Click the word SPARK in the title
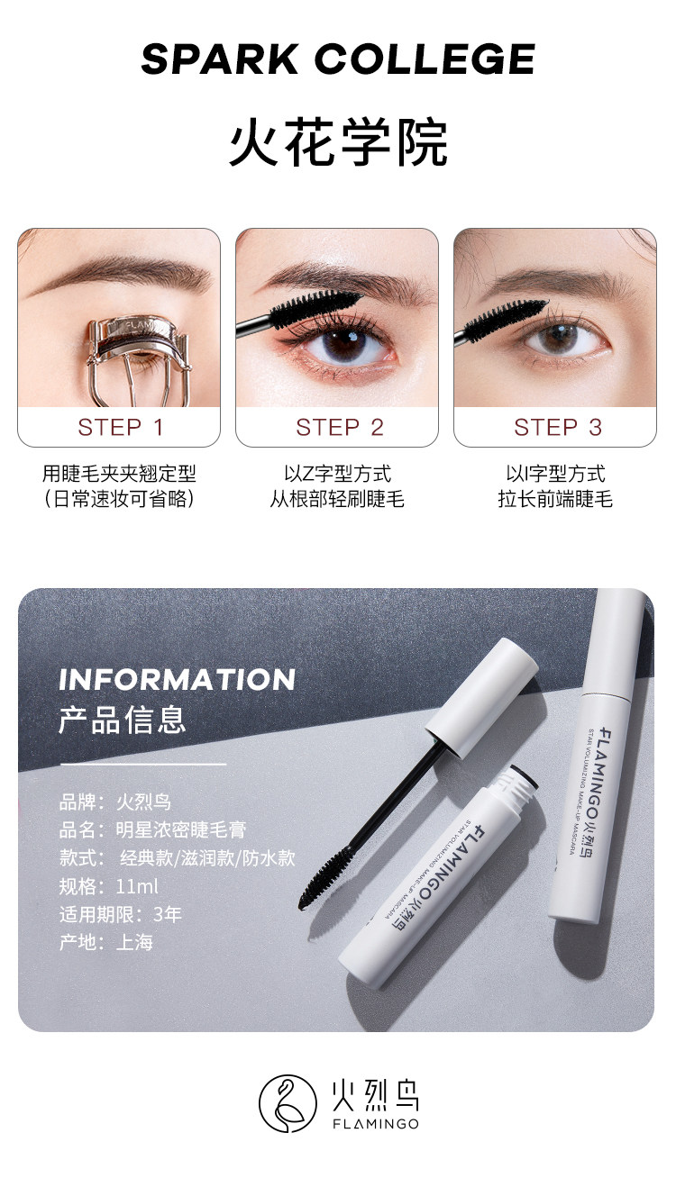[219, 59]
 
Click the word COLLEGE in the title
[425, 59]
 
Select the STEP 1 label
[121, 427]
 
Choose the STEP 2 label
[339, 427]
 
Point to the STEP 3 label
[558, 427]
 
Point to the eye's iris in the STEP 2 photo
[343, 344]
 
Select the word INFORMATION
[177, 680]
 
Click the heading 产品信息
[123, 720]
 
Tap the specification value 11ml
[137, 887]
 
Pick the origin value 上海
[134, 942]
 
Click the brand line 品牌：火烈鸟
[114, 802]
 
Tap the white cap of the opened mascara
[481, 698]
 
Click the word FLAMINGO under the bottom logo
[376, 1124]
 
